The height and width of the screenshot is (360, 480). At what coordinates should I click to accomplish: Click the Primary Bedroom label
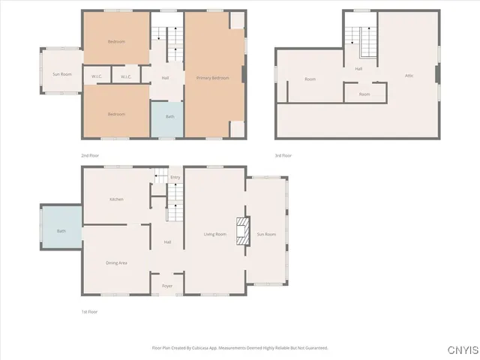[212, 78]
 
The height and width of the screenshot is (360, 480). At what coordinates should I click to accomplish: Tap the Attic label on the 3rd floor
[409, 76]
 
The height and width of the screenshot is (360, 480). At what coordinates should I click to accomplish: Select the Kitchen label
[116, 199]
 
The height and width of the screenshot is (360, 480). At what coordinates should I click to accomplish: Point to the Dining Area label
[116, 262]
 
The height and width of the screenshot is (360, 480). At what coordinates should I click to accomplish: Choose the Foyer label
[166, 286]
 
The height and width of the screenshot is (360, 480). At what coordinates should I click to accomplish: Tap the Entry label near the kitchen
[175, 178]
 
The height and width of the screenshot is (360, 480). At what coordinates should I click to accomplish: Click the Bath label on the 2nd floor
[169, 117]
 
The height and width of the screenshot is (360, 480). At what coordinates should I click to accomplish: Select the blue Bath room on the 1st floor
[61, 231]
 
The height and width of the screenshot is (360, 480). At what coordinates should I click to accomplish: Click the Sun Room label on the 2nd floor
[61, 75]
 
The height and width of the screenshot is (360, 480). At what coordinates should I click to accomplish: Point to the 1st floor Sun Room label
[266, 235]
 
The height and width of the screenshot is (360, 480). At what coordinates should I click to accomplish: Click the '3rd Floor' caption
[283, 156]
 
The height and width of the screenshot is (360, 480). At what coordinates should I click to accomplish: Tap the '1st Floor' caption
[89, 311]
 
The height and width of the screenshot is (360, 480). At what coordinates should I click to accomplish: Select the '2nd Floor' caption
[89, 156]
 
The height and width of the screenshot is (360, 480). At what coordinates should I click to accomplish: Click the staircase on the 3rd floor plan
[367, 42]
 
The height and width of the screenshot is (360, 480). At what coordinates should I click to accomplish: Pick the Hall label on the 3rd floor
[359, 69]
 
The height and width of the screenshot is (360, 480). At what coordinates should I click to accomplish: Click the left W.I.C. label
[97, 76]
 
